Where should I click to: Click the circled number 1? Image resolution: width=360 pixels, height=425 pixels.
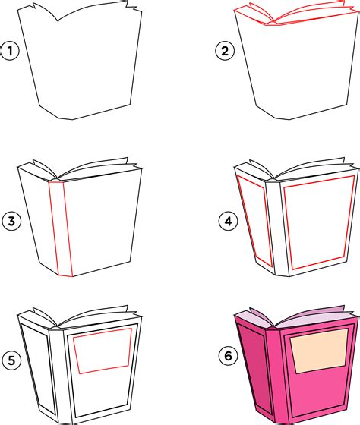[x=10, y=52]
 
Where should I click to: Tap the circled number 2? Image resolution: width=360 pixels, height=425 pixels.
[x=224, y=52]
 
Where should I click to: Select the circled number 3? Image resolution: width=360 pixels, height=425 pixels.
[x=10, y=222]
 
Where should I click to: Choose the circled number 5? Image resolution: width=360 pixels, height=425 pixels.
[x=10, y=361]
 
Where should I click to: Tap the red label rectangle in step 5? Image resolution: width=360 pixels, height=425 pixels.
[x=102, y=351]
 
